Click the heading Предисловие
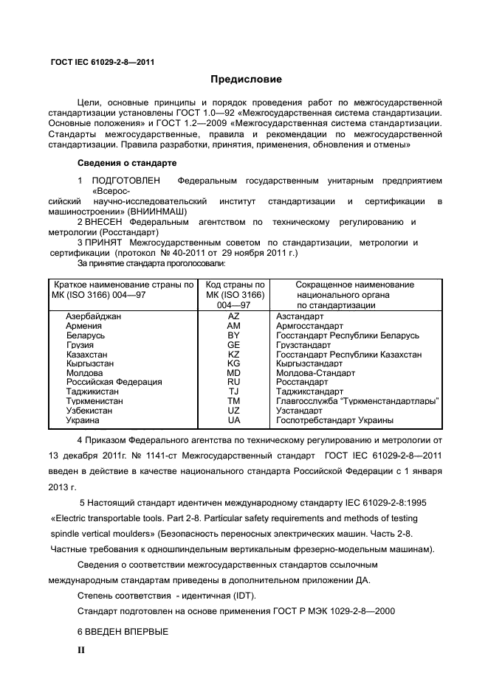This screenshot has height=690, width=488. point(246,79)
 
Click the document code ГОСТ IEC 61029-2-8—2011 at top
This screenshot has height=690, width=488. point(102,62)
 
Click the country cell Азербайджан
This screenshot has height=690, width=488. point(93,316)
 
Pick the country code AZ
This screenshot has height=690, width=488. point(234,316)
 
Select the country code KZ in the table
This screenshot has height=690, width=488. point(234,354)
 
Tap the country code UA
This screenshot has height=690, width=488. point(234,420)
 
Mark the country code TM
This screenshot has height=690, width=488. point(234,401)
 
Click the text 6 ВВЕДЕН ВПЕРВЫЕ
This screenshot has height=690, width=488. point(123,632)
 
